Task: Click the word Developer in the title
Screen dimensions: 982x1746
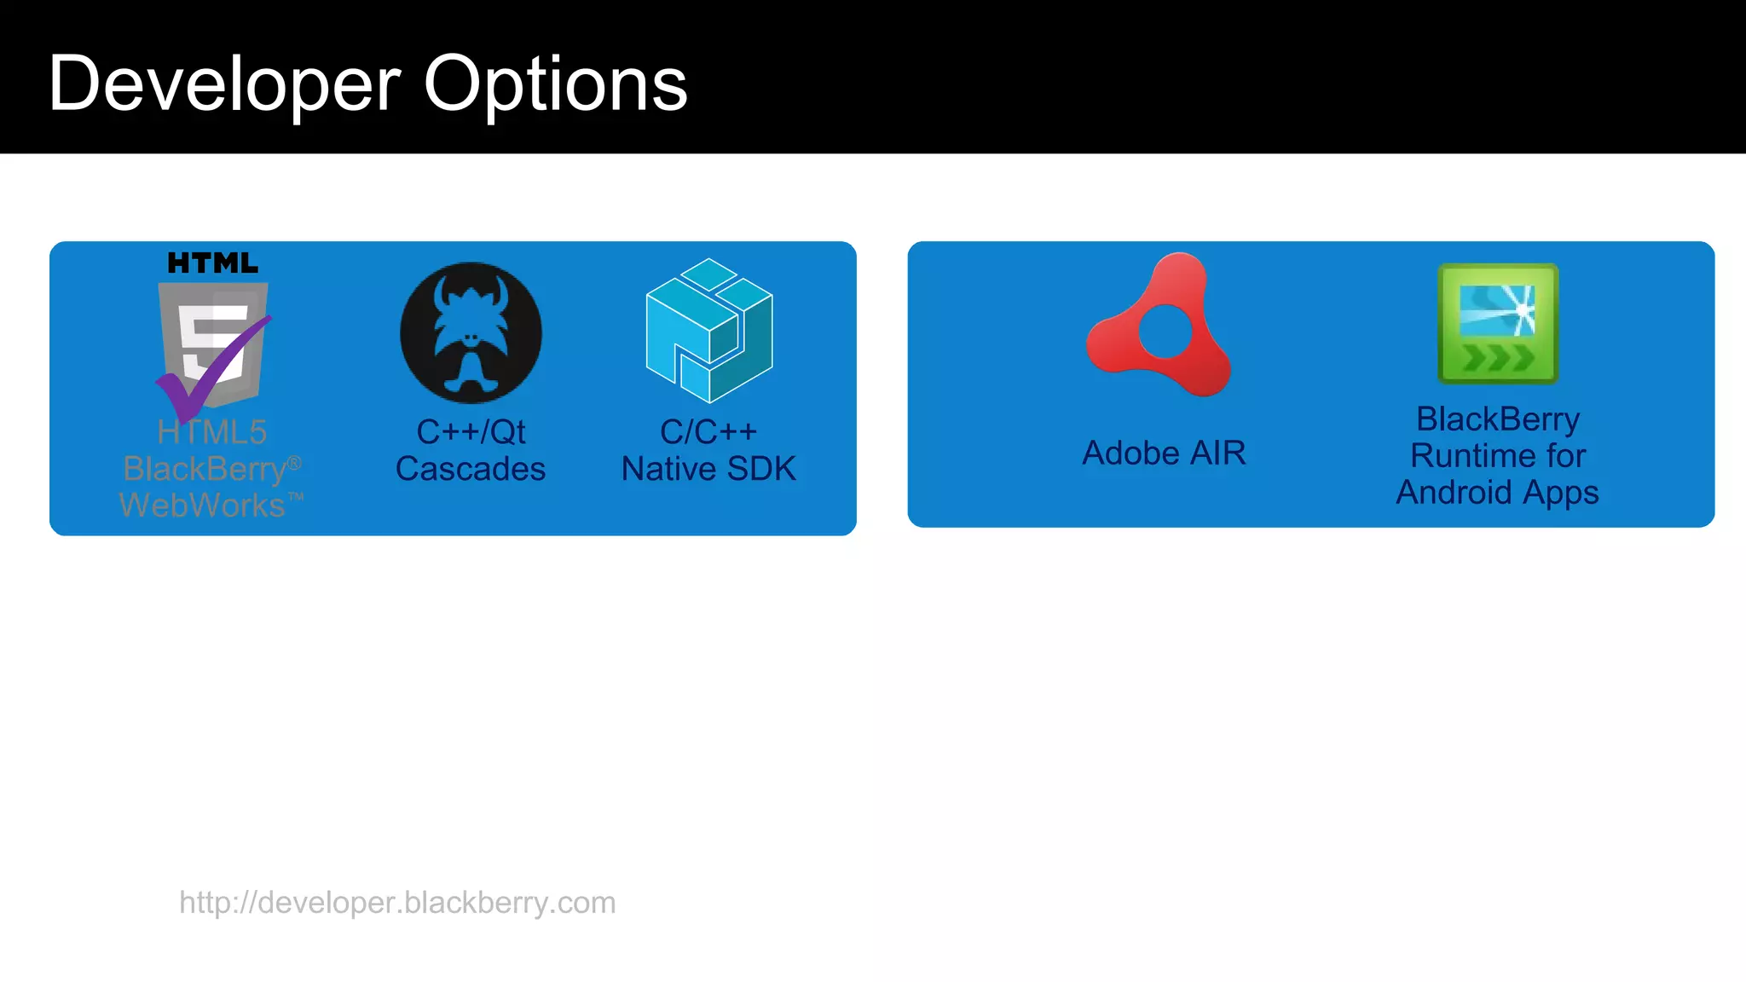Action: click(224, 84)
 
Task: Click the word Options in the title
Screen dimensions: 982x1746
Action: click(555, 84)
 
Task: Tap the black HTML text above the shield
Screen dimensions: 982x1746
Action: click(212, 263)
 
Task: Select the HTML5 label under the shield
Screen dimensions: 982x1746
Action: click(212, 432)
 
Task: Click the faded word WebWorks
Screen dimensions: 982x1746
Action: click(203, 505)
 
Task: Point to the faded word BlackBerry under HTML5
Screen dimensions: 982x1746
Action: click(205, 469)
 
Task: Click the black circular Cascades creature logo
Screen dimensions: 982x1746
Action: click(471, 333)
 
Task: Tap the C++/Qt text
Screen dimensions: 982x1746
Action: click(471, 432)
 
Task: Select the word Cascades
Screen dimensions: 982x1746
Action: click(471, 469)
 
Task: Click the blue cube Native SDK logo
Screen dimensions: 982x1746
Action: click(709, 331)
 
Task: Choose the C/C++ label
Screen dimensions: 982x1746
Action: click(708, 432)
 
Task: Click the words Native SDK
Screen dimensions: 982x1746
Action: click(708, 469)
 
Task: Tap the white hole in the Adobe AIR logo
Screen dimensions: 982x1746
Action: click(1165, 332)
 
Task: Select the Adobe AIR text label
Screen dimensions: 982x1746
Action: click(1164, 453)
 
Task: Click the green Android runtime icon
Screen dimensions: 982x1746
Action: click(1498, 324)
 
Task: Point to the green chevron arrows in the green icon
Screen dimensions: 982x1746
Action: click(1498, 358)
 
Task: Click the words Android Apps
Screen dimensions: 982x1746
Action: click(1497, 493)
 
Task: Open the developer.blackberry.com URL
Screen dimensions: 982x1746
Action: click(397, 903)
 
